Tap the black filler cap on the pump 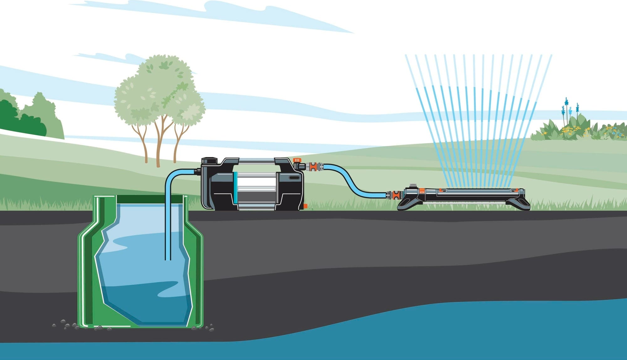(x=209, y=161)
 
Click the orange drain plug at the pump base (x=305, y=206)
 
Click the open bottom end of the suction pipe (x=168, y=259)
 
